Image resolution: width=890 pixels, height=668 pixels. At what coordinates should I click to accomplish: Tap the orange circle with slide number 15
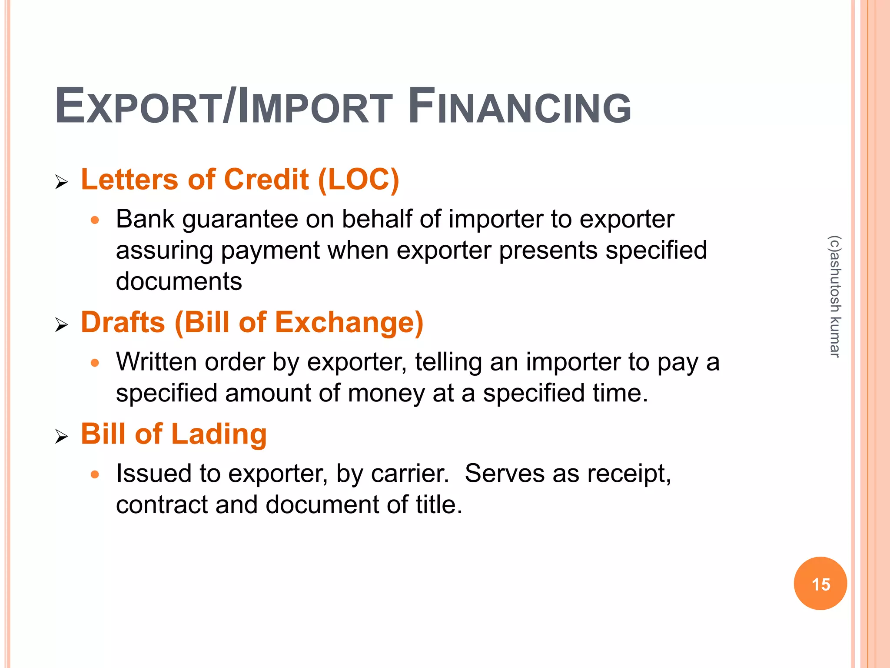click(820, 583)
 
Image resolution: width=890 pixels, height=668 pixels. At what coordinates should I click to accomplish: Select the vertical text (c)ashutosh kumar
click(835, 296)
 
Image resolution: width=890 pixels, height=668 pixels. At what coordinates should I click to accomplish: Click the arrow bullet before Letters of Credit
click(62, 182)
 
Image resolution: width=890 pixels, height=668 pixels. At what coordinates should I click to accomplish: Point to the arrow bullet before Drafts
click(62, 324)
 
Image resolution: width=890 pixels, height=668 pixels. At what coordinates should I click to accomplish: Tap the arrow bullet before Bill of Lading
click(62, 436)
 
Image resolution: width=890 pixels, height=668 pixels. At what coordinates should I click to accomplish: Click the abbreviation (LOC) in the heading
click(359, 179)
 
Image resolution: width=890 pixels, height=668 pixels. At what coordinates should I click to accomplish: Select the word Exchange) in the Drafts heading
click(349, 322)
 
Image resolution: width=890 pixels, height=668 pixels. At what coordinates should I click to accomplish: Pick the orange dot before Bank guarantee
click(95, 220)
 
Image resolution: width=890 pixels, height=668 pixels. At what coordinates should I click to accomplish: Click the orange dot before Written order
click(95, 363)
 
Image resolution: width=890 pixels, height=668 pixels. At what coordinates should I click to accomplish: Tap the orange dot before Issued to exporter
click(95, 474)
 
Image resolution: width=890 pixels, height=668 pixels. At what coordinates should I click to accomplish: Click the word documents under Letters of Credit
click(179, 281)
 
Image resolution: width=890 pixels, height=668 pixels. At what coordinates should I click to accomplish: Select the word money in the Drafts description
click(385, 393)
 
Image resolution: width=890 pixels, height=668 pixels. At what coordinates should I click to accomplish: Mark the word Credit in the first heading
click(266, 179)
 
